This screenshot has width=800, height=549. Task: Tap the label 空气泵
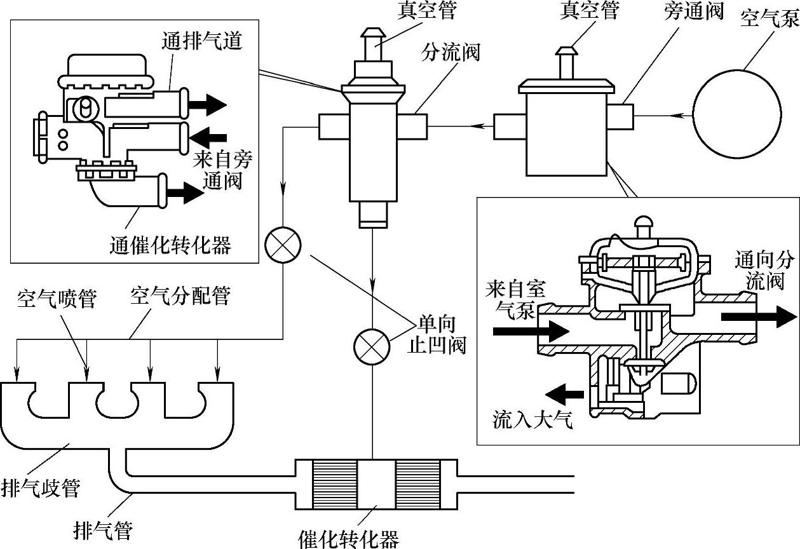click(x=770, y=18)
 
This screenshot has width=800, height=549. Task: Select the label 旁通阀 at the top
click(x=694, y=11)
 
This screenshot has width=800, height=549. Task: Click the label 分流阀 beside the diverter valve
click(x=451, y=53)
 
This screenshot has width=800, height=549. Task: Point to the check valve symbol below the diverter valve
click(x=372, y=347)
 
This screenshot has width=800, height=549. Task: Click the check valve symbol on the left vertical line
click(x=283, y=245)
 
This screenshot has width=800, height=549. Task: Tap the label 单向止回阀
click(x=437, y=335)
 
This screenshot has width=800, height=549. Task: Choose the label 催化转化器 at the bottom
click(x=349, y=539)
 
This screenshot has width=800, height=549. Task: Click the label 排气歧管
click(x=41, y=488)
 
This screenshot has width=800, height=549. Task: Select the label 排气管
click(x=103, y=531)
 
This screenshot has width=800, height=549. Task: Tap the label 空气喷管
click(x=57, y=299)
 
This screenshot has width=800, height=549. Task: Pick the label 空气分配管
click(x=180, y=295)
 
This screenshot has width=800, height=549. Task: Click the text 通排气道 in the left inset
click(x=202, y=41)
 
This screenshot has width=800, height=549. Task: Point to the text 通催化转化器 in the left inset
click(x=170, y=245)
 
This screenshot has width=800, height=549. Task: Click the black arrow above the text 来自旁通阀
click(x=208, y=137)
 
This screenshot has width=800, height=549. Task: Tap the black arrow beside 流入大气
click(x=564, y=395)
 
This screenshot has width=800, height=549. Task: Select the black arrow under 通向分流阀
click(x=759, y=316)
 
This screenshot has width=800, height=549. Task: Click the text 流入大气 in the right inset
click(x=532, y=419)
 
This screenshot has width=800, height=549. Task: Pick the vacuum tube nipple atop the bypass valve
click(x=566, y=63)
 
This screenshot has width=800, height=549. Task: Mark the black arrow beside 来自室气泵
click(x=531, y=331)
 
